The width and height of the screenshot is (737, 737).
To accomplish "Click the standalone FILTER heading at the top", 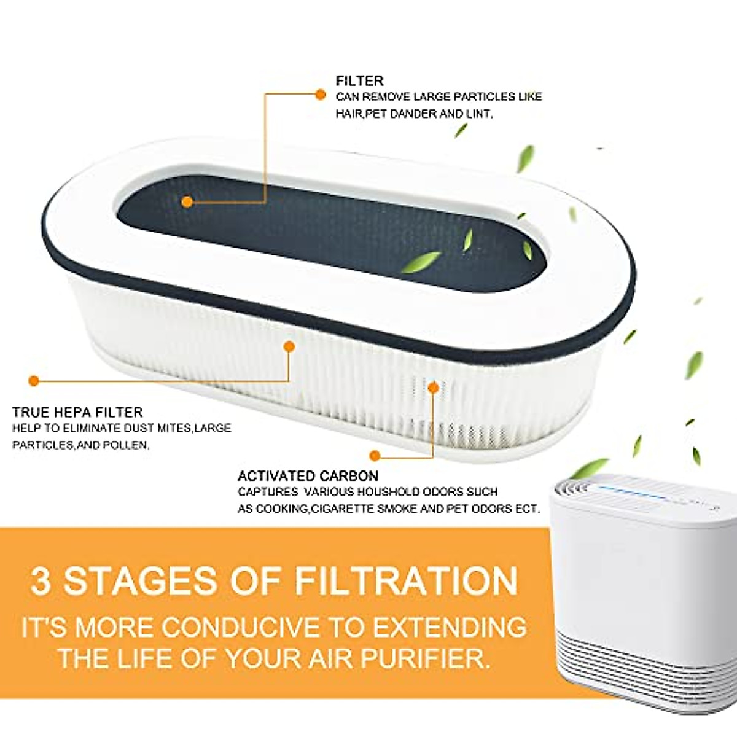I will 359,80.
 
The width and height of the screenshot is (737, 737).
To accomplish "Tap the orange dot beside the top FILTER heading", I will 319,94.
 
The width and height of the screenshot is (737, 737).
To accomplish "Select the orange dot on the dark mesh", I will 188,201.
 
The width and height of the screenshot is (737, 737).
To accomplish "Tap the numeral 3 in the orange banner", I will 41,580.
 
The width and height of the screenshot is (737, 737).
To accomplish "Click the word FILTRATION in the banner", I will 406,580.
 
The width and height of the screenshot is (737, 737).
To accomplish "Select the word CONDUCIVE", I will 241,628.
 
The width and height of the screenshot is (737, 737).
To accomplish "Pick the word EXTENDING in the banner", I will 450,628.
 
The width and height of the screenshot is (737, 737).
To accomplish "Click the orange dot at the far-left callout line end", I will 34,381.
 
